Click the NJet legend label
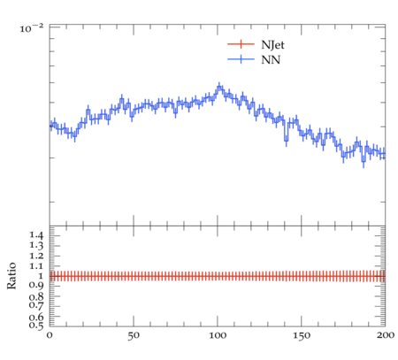pos(272,45)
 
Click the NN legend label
pos(271,60)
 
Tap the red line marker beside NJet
pos(241,44)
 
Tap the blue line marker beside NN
pos(241,59)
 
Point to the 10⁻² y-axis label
pos(32,28)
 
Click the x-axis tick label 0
pos(50,335)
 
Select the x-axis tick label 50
pos(134,335)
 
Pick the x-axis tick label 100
pos(218,335)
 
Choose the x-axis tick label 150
pos(302,335)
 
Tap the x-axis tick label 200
pos(386,335)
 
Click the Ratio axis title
pos(11,275)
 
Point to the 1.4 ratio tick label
pos(36,235)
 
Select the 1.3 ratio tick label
pos(36,246)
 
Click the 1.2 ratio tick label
pos(36,256)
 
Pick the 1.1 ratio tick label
pos(36,266)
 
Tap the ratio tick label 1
pos(40,276)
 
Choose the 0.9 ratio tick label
pos(36,286)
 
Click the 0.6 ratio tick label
pos(36,318)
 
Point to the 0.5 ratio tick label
pos(36,326)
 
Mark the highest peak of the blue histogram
pos(219,87)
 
